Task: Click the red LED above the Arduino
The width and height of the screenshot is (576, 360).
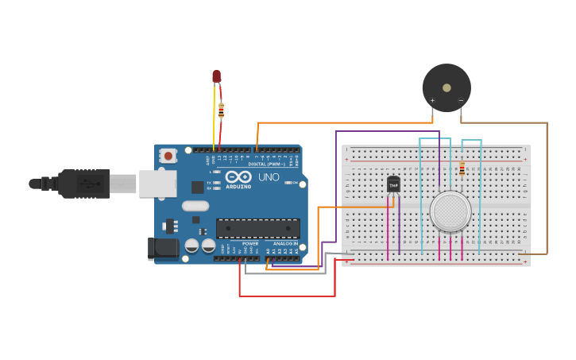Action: [216, 76]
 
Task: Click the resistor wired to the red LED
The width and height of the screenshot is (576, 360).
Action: [221, 110]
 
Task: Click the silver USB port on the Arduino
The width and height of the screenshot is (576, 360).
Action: [157, 183]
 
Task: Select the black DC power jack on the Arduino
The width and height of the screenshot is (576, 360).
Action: [164, 248]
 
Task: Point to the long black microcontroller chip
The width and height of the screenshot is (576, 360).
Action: [257, 229]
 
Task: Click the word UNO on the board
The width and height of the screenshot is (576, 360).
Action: [269, 176]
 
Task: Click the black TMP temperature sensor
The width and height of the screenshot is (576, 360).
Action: [393, 185]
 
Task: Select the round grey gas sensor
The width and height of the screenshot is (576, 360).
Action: [450, 211]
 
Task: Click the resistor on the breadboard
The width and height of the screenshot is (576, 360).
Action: [462, 168]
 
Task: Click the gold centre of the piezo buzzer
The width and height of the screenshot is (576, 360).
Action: [446, 87]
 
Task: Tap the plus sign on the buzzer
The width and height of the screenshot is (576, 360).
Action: [432, 100]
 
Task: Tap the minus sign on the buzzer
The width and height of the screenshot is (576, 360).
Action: [461, 100]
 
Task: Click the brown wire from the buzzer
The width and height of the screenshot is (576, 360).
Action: [547, 191]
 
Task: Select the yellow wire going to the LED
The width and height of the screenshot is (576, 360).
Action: [215, 119]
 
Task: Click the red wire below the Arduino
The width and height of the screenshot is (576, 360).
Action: [286, 296]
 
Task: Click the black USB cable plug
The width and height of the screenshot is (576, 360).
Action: [83, 184]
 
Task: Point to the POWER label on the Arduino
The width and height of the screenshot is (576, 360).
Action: [250, 244]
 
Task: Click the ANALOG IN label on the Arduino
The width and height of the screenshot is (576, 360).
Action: [285, 244]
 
